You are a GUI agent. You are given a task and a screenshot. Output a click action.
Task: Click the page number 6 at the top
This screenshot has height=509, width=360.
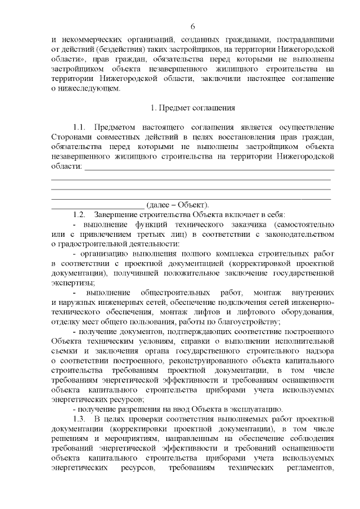click(x=192, y=27)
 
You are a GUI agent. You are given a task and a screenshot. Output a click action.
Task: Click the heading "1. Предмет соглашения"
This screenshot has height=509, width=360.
click(x=192, y=107)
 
